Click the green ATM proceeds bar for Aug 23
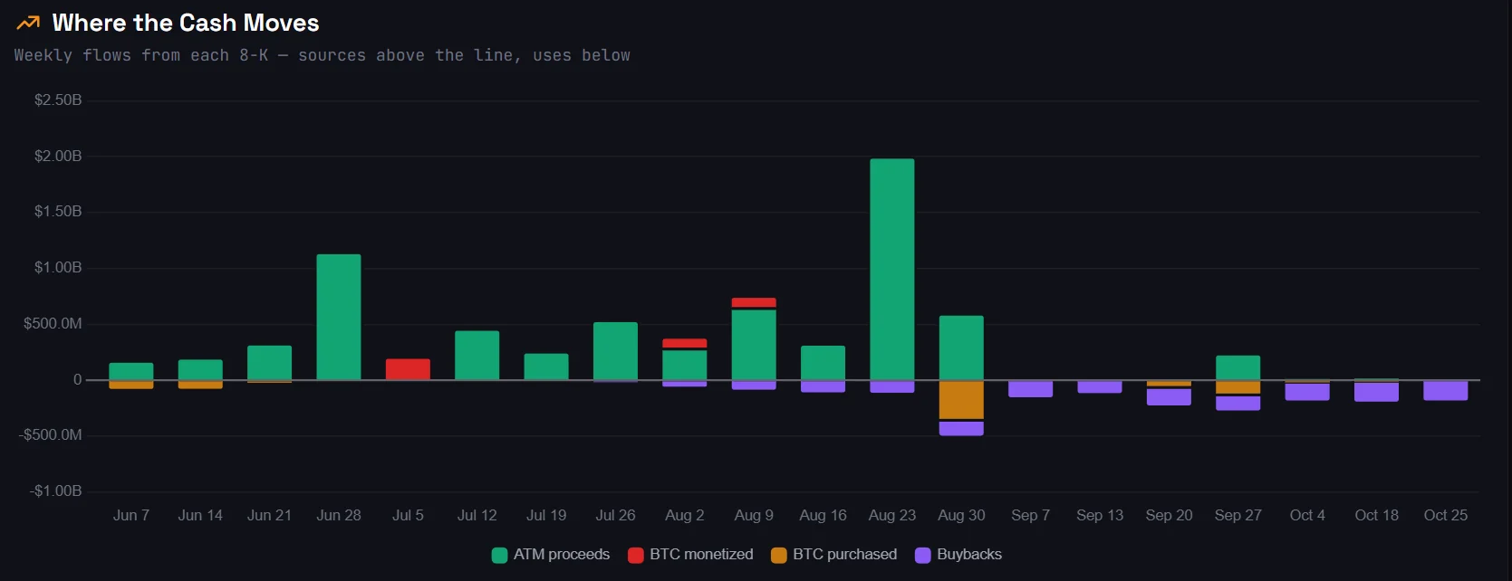(891, 270)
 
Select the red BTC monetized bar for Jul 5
(408, 369)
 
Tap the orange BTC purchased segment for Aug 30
(961, 400)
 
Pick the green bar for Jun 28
(338, 317)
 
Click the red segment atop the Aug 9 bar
(754, 302)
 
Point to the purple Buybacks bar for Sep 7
(1030, 389)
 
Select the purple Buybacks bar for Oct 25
(1445, 391)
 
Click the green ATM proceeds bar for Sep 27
(1238, 368)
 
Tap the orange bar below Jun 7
(131, 385)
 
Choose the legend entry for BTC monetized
(690, 555)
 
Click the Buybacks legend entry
(958, 555)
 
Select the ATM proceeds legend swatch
(499, 556)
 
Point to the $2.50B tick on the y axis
(58, 100)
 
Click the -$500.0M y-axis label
(51, 434)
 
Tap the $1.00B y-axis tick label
(58, 268)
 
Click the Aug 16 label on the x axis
(823, 516)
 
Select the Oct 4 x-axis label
(1307, 516)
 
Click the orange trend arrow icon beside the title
(28, 23)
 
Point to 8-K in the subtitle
(254, 55)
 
